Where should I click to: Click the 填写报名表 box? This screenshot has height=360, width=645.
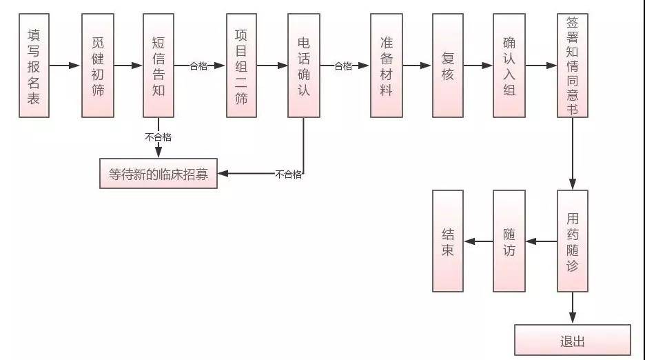[34, 66]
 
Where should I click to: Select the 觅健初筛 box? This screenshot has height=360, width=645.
[97, 66]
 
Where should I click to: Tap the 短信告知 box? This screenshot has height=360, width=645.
[158, 66]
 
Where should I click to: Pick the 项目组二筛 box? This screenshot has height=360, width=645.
[241, 66]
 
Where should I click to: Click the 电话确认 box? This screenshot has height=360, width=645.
[304, 66]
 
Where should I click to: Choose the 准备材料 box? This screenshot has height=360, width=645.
[386, 66]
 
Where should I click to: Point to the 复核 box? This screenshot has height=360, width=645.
[448, 66]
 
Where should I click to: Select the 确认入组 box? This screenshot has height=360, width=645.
[509, 66]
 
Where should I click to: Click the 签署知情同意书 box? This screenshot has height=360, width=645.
[573, 66]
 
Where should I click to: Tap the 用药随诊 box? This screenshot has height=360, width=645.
[573, 241]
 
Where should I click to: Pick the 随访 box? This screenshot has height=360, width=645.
[509, 241]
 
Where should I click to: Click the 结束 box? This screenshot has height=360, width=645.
[448, 241]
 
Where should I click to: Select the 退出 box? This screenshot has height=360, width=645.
[573, 340]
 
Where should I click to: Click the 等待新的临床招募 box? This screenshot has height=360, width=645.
[158, 174]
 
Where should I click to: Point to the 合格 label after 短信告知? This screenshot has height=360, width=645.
[199, 66]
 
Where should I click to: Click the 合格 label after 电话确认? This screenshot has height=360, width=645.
[343, 66]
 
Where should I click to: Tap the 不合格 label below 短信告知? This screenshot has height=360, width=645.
[158, 137]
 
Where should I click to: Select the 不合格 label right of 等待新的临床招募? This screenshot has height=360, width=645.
[288, 174]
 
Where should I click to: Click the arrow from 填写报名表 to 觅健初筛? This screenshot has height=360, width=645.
[65, 66]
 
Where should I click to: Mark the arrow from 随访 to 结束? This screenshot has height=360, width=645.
[478, 241]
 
